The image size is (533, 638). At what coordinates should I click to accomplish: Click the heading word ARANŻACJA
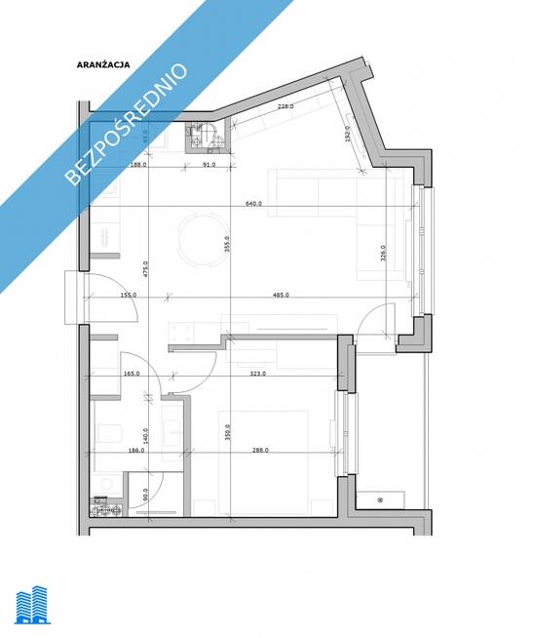pyautogui.click(x=103, y=65)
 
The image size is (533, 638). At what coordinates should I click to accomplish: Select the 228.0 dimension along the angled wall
pyautogui.click(x=286, y=106)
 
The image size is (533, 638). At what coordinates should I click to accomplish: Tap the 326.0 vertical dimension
pyautogui.click(x=381, y=254)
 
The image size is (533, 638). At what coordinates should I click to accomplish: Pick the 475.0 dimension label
pyautogui.click(x=144, y=268)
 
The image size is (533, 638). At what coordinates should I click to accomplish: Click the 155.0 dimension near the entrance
pyautogui.click(x=128, y=295)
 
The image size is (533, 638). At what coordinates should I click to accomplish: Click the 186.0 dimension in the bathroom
pyautogui.click(x=136, y=451)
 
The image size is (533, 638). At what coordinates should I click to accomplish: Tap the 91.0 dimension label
pyautogui.click(x=209, y=165)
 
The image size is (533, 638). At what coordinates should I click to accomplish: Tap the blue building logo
pyautogui.click(x=34, y=605)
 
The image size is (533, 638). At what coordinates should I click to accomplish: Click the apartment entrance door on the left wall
pyautogui.click(x=78, y=298)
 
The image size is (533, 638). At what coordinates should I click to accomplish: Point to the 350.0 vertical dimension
pyautogui.click(x=227, y=432)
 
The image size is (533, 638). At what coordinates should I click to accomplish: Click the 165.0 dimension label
pyautogui.click(x=132, y=374)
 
